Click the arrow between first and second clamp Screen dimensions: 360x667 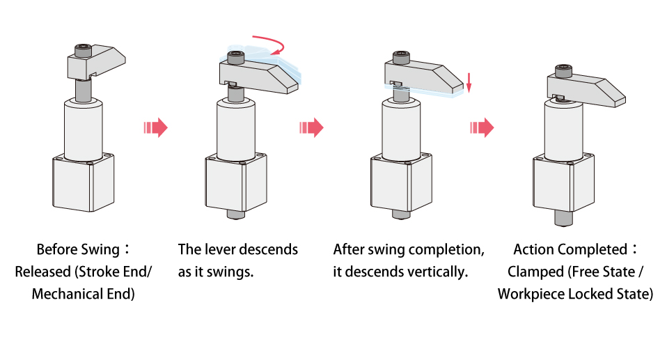[x=155, y=127]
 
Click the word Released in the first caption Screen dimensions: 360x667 [x=42, y=272]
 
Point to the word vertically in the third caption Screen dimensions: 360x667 [x=439, y=272]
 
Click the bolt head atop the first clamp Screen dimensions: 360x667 [x=82, y=50]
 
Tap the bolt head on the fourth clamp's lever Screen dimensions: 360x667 [x=564, y=70]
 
